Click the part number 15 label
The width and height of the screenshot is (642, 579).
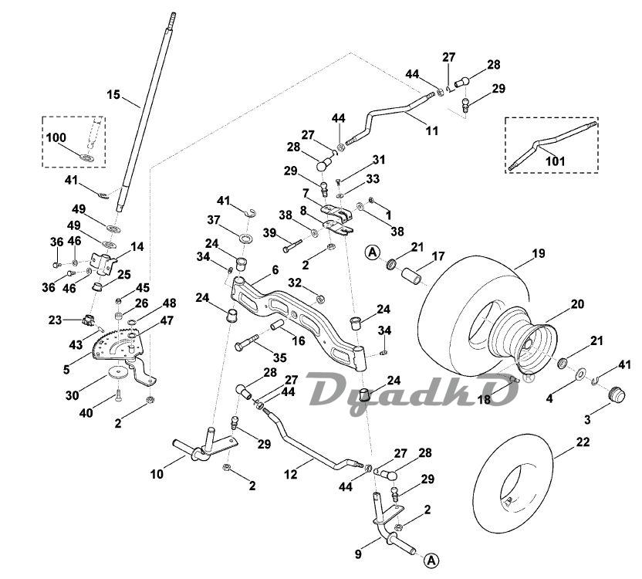click(113, 95)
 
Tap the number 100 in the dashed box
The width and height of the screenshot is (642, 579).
click(56, 137)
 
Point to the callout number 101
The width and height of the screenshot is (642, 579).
click(556, 161)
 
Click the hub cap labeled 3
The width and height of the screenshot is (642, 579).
click(616, 394)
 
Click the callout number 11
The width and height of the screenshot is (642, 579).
click(431, 130)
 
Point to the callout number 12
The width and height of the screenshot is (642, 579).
click(290, 475)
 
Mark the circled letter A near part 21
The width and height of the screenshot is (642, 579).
click(372, 252)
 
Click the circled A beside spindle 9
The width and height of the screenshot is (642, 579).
click(431, 560)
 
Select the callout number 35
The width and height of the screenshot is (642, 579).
click(279, 357)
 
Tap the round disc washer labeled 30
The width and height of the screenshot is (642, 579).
click(119, 372)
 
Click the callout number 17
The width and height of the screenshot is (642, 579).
click(438, 256)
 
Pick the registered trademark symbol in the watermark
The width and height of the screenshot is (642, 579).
click(529, 377)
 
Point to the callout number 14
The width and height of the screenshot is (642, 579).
click(137, 247)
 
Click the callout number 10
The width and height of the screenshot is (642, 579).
click(157, 474)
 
